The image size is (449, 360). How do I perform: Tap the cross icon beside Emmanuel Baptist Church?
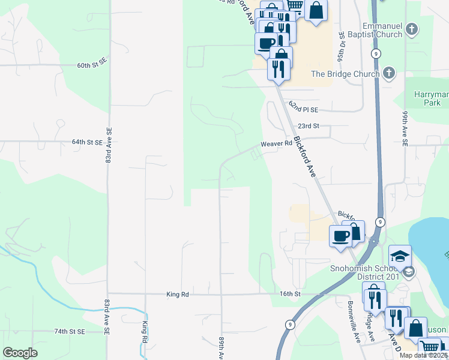412,29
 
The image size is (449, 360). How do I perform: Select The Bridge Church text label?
345,74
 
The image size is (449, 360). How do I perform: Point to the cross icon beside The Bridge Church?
388,74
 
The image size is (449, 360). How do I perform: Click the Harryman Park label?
431,98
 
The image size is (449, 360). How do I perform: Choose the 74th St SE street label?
70,331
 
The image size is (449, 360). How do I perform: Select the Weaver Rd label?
276,144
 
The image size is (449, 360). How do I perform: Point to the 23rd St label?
307,127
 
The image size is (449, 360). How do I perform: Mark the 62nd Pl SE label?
303,107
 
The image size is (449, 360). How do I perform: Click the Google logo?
20,353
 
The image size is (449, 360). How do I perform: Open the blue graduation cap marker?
400,257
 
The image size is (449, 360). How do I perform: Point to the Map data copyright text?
423,355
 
